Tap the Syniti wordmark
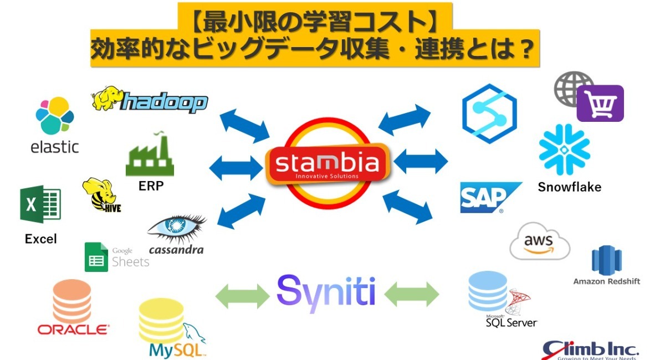pyautogui.click(x=326, y=290)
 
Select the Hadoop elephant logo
pyautogui.click(x=149, y=101)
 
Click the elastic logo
pyautogui.click(x=54, y=125)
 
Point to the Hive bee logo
pyautogui.click(x=101, y=196)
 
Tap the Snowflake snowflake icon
pyautogui.click(x=564, y=150)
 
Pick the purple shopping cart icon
pyautogui.click(x=600, y=104)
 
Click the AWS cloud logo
pyautogui.click(x=539, y=241)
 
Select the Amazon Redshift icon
pyautogui.click(x=607, y=260)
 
